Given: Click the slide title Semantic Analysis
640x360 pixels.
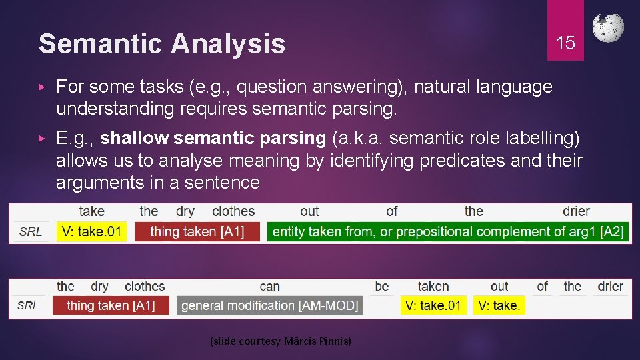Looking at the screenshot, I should (x=162, y=44).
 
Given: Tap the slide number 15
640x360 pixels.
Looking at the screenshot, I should (x=565, y=43).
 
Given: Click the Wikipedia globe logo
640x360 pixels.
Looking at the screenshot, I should (x=608, y=28).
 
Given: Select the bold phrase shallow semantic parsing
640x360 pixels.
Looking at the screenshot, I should (x=213, y=139).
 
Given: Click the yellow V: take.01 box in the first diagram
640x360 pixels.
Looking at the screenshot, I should (x=91, y=231).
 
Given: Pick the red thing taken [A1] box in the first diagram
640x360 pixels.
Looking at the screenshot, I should (x=197, y=231).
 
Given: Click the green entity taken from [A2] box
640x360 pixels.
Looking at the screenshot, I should (x=448, y=231).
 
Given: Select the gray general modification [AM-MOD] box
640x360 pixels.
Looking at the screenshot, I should (x=270, y=305).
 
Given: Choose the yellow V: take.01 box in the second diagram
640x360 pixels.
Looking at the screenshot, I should (x=433, y=305).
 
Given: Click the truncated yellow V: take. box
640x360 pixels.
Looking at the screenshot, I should (x=499, y=305).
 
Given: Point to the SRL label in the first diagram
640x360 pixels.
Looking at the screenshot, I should (x=31, y=232).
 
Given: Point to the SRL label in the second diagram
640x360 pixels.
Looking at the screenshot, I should (x=28, y=305).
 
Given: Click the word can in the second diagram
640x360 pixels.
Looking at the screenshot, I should (x=269, y=287).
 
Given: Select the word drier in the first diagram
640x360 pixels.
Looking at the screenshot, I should (x=575, y=211).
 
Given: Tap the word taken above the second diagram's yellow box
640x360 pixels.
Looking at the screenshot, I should (x=433, y=287).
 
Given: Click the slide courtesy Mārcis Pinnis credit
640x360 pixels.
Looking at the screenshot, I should (x=280, y=341).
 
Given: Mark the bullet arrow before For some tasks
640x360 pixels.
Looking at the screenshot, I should (x=42, y=87).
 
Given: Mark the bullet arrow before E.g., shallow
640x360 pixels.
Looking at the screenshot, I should (x=42, y=139).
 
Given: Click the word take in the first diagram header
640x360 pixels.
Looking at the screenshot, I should (x=91, y=211).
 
